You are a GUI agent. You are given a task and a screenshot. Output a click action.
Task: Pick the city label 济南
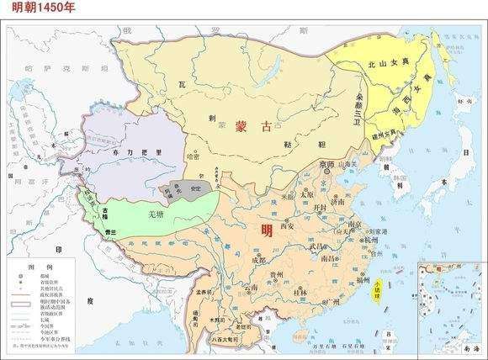(337, 203)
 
